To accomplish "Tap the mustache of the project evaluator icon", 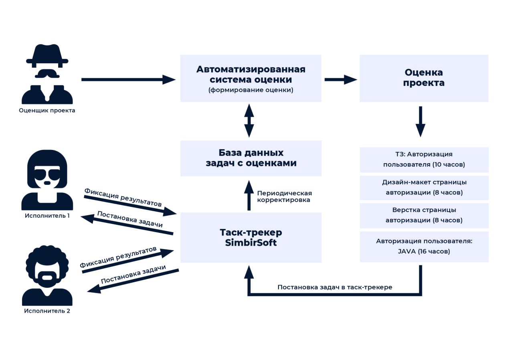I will point(47,74).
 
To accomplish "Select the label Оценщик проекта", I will point(47,110).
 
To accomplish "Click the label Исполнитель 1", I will point(47,216).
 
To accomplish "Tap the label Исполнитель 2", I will point(47,311).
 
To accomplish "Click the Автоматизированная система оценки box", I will point(250,78).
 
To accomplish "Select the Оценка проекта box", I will point(424,78).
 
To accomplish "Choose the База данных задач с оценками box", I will point(250,158).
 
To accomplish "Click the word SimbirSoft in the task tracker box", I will point(251,243).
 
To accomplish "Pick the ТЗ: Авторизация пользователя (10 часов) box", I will point(424,160).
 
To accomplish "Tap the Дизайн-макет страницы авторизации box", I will point(424,187).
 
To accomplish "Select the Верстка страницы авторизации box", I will point(424,215).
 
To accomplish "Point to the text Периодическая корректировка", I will point(284,196).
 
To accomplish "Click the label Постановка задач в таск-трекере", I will point(335,287).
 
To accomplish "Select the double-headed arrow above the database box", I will point(249,120).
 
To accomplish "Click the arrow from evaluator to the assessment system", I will point(128,79).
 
